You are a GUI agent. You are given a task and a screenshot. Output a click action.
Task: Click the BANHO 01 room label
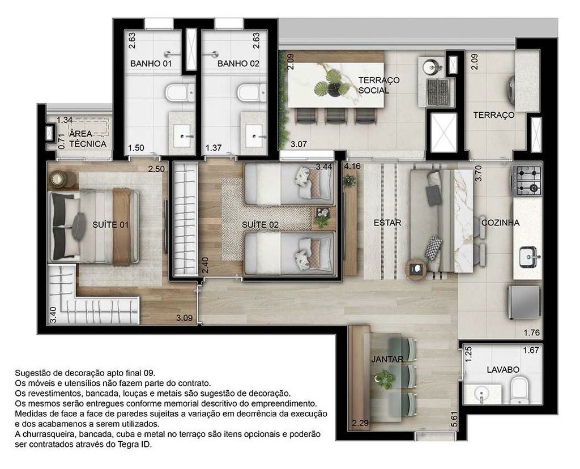(x=151, y=63)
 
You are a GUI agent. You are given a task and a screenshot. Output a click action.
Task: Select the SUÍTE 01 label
(x=110, y=225)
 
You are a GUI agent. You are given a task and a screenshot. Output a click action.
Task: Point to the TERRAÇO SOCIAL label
(x=378, y=85)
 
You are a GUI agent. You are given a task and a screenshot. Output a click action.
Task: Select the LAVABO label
(x=502, y=369)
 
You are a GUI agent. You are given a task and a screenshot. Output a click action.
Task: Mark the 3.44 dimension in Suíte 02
(x=324, y=167)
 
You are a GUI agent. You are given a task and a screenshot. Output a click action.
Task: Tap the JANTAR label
(x=387, y=359)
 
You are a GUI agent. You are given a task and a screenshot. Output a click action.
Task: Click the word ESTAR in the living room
(x=387, y=223)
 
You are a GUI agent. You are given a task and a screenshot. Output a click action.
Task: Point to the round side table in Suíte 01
(x=58, y=179)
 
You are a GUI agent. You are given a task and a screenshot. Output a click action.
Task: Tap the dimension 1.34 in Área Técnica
(x=65, y=120)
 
